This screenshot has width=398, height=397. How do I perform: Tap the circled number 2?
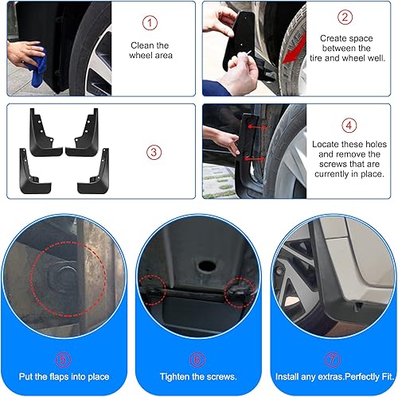click(345, 16)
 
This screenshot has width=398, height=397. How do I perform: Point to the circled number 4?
click(349, 125)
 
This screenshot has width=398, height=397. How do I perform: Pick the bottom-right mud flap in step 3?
click(93, 170)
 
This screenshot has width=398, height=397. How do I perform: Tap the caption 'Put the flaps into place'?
click(65, 376)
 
